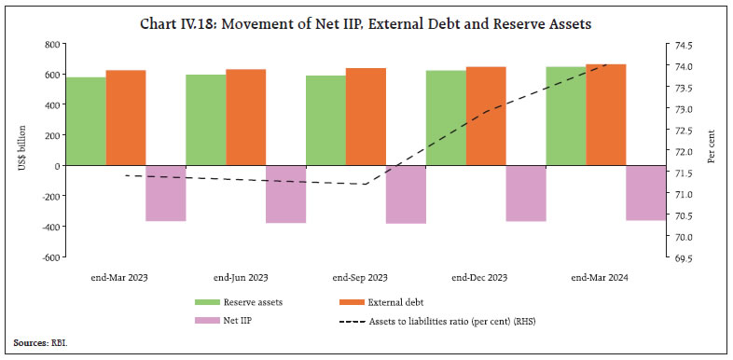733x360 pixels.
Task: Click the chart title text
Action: tap(366, 24)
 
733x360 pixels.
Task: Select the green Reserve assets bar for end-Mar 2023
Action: tap(85, 121)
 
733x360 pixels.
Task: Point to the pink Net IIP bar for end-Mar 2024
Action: tap(645, 192)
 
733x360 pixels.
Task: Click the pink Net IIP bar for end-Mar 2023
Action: tap(166, 193)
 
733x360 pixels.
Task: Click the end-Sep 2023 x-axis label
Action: tap(360, 278)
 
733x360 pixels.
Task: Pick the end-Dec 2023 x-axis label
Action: tap(479, 278)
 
